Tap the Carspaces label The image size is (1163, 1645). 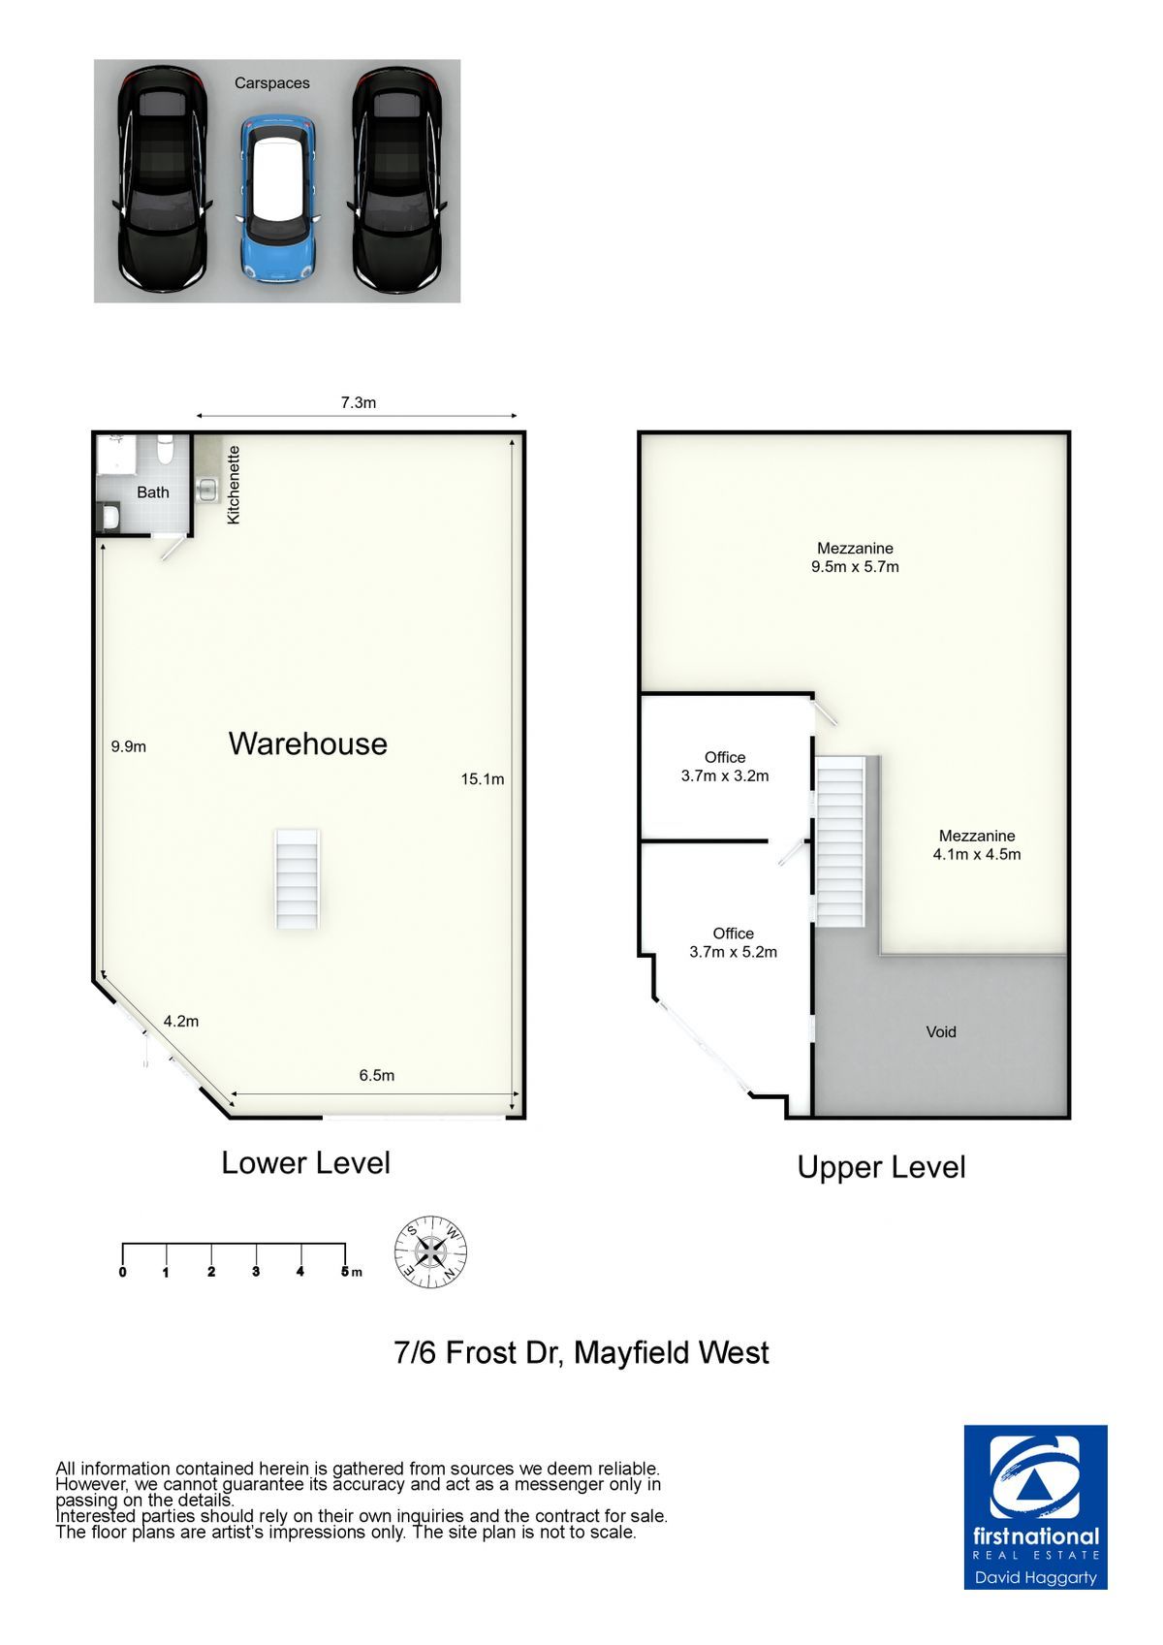pos(271,83)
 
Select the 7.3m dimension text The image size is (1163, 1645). pos(359,402)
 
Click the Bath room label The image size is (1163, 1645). pos(153,492)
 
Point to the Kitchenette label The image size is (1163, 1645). pos(234,485)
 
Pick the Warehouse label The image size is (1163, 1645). pos(307,743)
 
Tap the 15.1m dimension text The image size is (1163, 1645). pos(483,779)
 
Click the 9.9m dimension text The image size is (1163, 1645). pos(129,746)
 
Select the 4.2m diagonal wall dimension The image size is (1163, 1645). pos(180,1021)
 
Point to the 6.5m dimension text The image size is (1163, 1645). pos(377,1075)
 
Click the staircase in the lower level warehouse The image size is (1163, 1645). pos(298,879)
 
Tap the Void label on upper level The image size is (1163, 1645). pos(940,1031)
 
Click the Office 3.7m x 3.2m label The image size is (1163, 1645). pos(725,767)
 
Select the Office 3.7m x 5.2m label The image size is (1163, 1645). pos(733,943)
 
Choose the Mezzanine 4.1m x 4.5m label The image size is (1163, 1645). pos(977,844)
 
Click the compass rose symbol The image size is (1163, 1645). pos(431,1251)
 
